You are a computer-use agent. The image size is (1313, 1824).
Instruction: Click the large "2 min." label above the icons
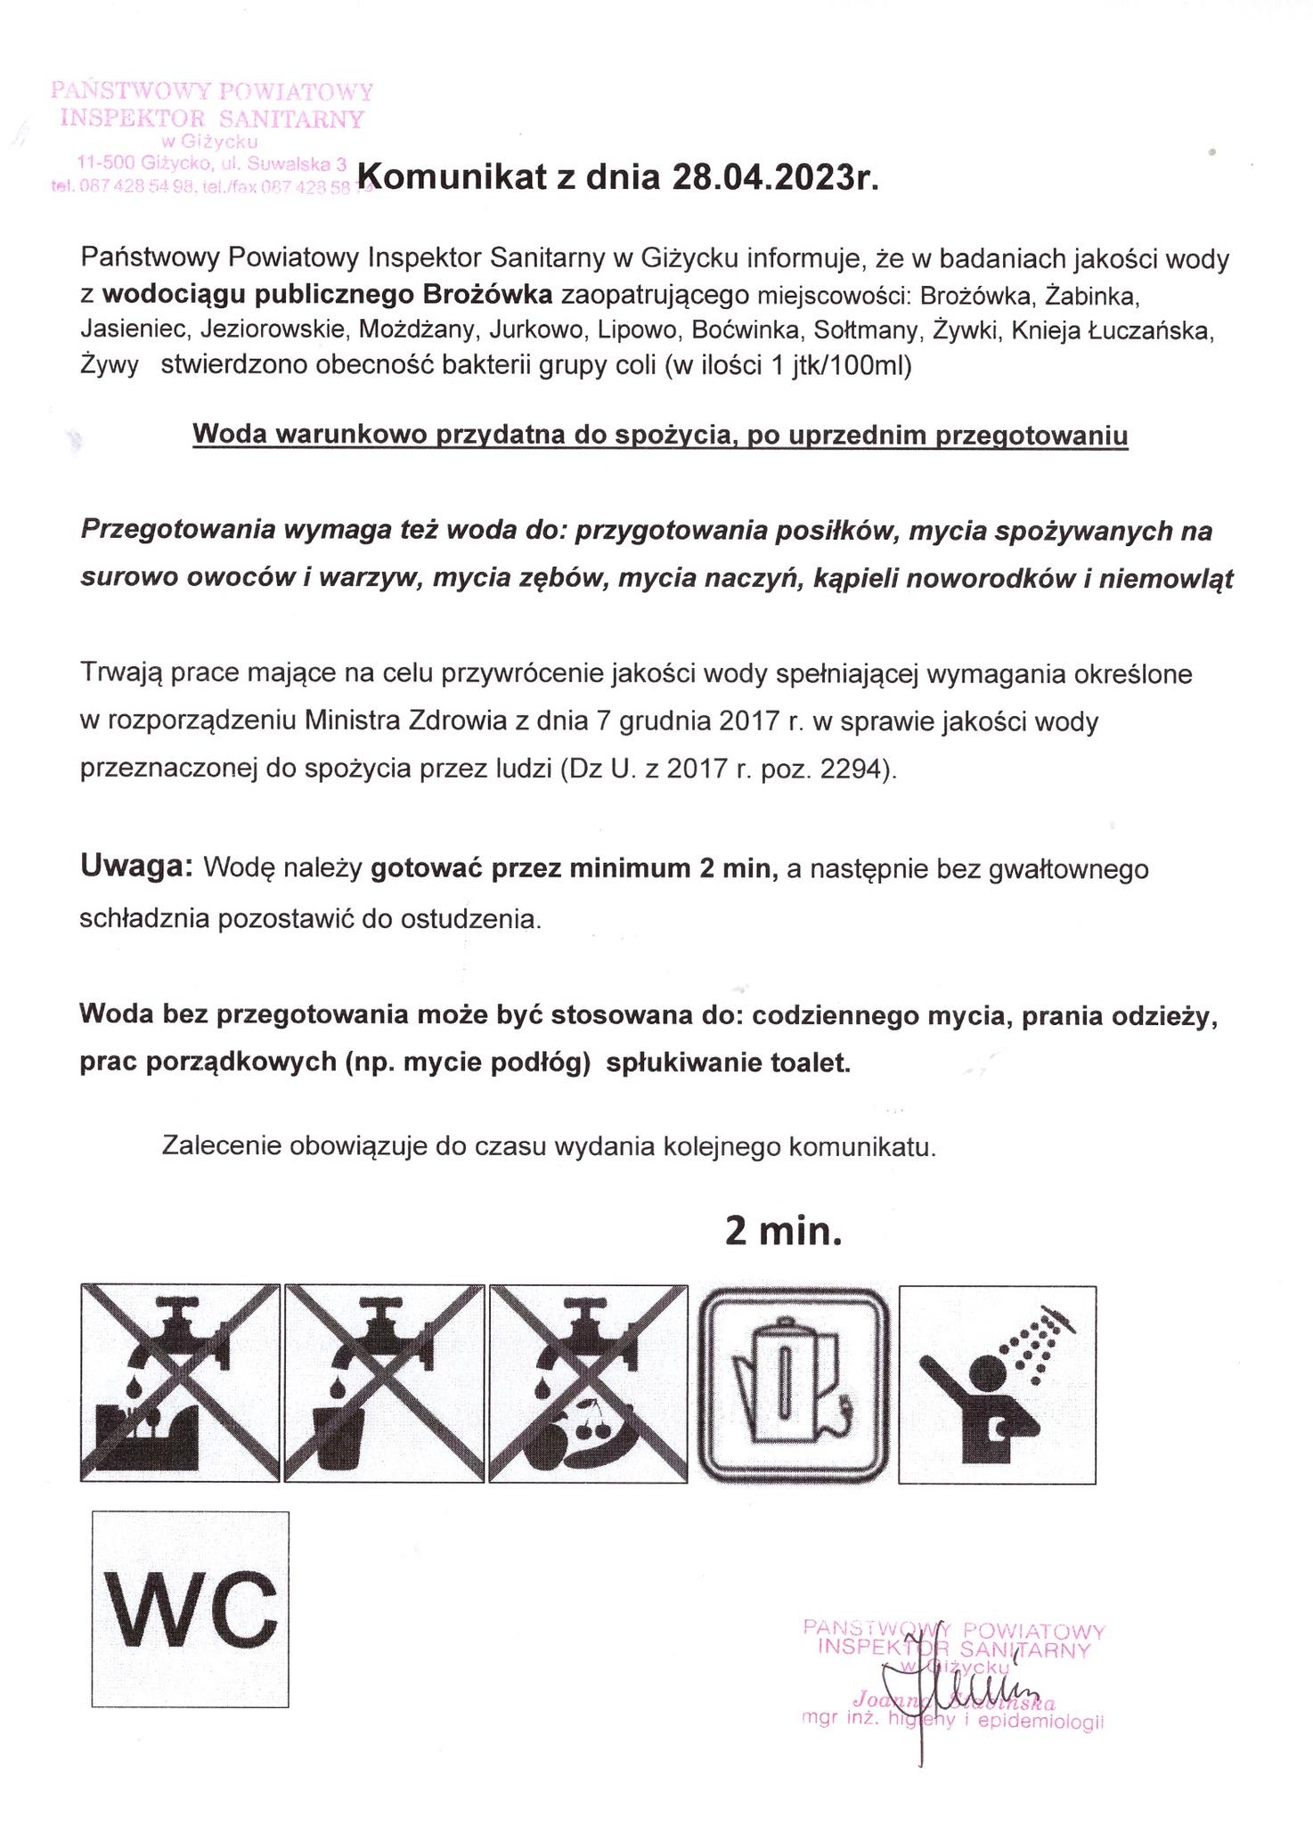click(783, 1231)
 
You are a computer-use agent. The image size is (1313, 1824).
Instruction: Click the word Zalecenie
click(222, 1145)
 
